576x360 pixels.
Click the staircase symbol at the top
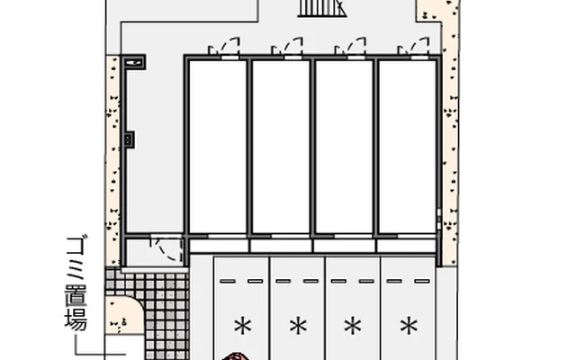(322, 8)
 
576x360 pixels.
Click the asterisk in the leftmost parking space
(243, 326)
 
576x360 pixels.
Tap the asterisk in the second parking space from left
(298, 326)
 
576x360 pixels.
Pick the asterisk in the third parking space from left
(353, 326)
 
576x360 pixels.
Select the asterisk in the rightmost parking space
(409, 326)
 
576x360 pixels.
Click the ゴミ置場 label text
(76, 283)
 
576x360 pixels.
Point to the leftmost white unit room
(218, 147)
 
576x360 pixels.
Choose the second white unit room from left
(281, 147)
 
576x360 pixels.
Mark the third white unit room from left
(344, 147)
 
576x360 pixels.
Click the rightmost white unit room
(408, 147)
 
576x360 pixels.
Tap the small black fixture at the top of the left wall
(133, 62)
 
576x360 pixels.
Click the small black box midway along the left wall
(129, 139)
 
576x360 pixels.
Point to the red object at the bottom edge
(234, 356)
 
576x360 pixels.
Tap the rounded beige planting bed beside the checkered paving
(122, 315)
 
